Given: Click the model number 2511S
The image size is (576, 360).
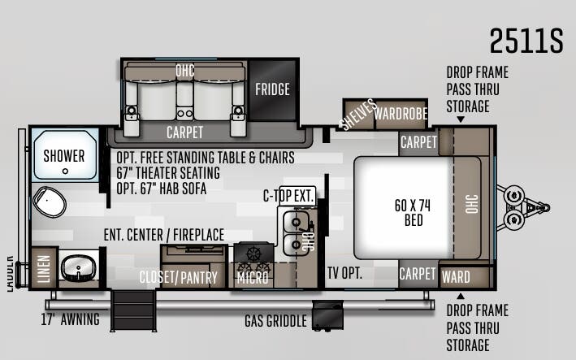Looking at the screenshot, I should [526, 41].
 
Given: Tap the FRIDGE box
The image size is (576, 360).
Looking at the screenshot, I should [272, 89].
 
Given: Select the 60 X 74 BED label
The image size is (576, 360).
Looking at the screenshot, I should [413, 211].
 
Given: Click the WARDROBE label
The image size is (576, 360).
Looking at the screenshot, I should [401, 114].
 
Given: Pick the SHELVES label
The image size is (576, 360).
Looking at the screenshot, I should [358, 115].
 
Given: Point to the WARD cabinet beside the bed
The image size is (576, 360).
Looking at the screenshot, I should [456, 276].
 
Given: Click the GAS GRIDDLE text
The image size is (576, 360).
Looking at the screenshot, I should [276, 321].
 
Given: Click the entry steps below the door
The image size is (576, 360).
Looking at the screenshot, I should [135, 310].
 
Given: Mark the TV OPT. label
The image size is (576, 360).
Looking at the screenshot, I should [344, 273].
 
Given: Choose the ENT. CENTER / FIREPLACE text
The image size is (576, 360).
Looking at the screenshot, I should [164, 235].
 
